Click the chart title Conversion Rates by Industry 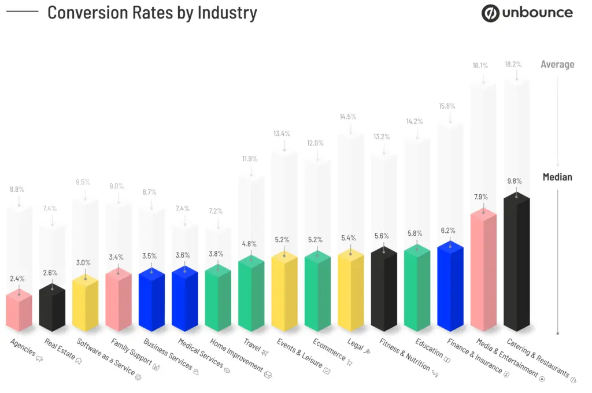click(x=152, y=12)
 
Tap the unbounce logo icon click(x=490, y=13)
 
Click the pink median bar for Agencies click(x=19, y=312)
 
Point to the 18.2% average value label click(x=513, y=65)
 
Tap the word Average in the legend click(x=557, y=64)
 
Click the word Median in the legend click(x=557, y=177)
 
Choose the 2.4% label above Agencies click(x=17, y=279)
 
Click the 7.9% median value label click(x=480, y=196)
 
